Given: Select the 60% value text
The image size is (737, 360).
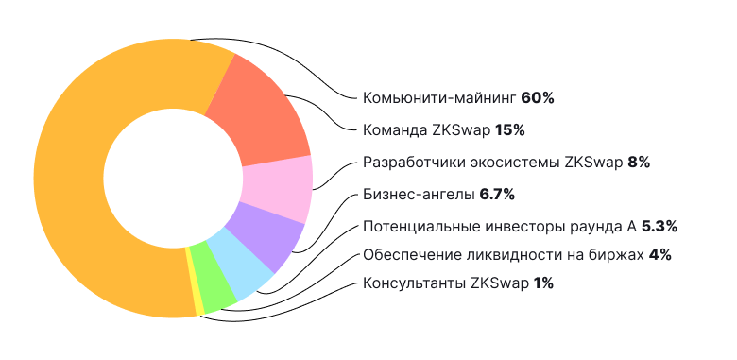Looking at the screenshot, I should (x=537, y=97).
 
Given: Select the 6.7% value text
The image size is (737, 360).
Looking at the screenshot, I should (x=496, y=194).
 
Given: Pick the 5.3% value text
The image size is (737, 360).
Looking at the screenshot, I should (x=660, y=226).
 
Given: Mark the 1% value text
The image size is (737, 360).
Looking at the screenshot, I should (x=543, y=283).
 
